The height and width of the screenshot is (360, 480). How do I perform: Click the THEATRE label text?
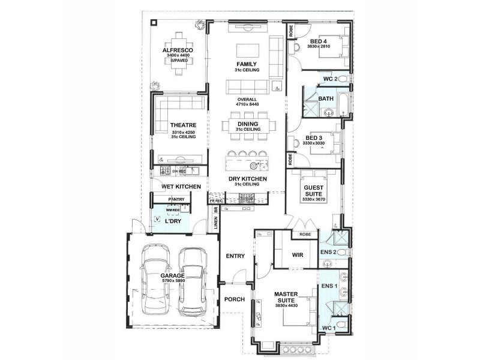[x=167, y=125]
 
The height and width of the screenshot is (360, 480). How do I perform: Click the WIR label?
[x=296, y=255]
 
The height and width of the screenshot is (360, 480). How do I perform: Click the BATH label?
[x=326, y=99]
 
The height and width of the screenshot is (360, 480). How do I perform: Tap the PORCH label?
[x=235, y=299]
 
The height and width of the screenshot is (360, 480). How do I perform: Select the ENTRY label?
[x=235, y=256]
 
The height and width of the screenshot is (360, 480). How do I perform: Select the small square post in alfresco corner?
[x=155, y=22]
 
